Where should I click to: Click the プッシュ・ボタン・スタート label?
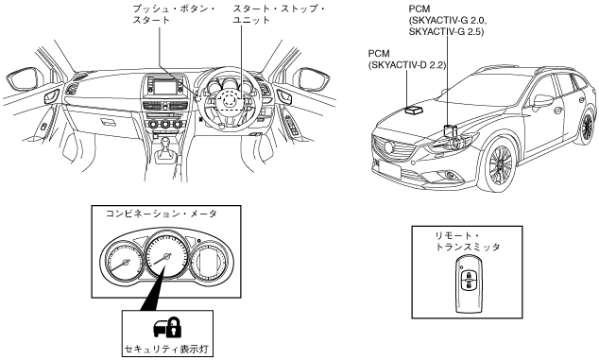pyautogui.click(x=174, y=14)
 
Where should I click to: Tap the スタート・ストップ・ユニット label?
pyautogui.click(x=279, y=14)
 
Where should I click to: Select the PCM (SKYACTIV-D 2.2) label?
pyautogui.click(x=407, y=60)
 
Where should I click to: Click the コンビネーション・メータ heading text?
pyautogui.click(x=161, y=214)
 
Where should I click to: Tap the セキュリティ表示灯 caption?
pyautogui.click(x=167, y=350)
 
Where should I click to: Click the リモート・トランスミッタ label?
pyautogui.click(x=467, y=242)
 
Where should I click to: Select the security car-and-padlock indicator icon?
pyautogui.click(x=167, y=327)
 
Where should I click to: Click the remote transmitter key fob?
pyautogui.click(x=468, y=284)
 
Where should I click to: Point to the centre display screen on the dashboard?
pyautogui.click(x=163, y=86)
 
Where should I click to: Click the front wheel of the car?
pyautogui.click(x=501, y=164)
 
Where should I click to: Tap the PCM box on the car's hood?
pyautogui.click(x=414, y=110)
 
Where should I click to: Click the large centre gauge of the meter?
pyautogui.click(x=165, y=256)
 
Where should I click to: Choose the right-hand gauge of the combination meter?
pyautogui.click(x=209, y=262)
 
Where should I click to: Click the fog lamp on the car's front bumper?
pyautogui.click(x=450, y=176)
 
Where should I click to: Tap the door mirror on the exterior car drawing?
pyautogui.click(x=543, y=100)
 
